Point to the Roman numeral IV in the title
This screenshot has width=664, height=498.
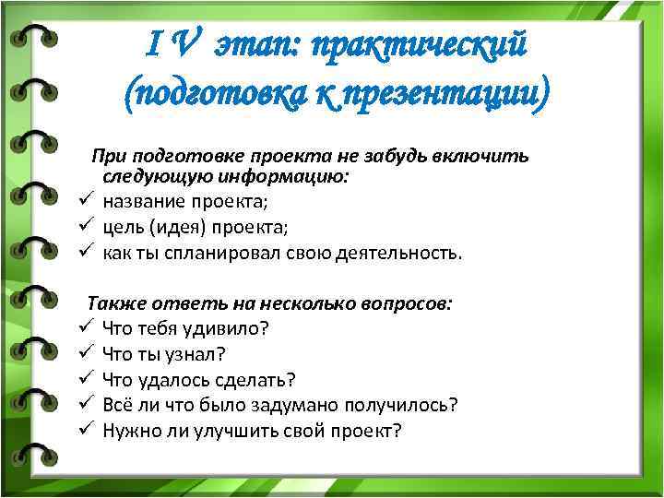click(x=171, y=41)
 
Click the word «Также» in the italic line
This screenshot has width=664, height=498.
click(x=116, y=302)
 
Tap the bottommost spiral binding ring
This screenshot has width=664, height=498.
click(x=34, y=454)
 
